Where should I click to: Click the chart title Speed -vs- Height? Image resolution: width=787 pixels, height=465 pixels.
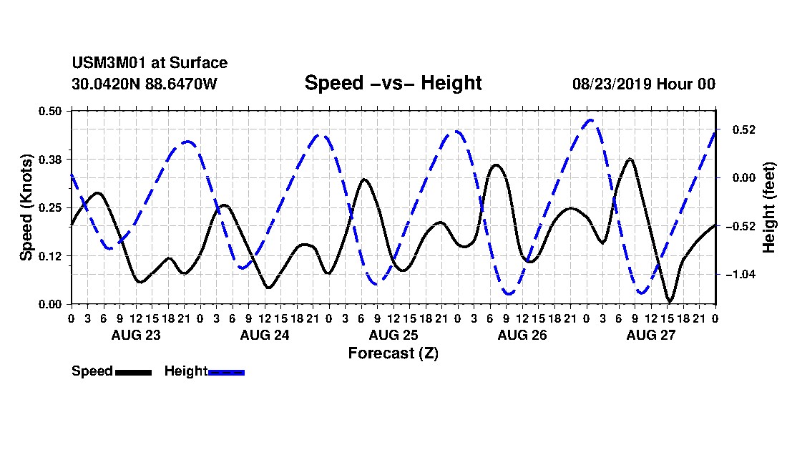click(x=393, y=83)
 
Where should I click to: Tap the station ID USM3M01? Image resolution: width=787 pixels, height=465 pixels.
click(x=109, y=63)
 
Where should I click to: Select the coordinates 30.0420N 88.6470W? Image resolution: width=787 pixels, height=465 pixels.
click(x=144, y=84)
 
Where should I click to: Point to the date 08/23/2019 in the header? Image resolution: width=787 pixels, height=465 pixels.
click(x=612, y=84)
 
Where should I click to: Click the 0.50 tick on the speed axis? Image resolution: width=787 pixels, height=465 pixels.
click(x=50, y=111)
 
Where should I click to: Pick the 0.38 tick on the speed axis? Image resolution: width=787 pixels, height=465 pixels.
click(x=50, y=160)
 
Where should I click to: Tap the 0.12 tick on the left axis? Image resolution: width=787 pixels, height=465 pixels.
click(x=50, y=256)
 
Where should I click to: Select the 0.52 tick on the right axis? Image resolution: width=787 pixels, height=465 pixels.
click(x=744, y=130)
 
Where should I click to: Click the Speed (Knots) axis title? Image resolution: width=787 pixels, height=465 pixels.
click(x=26, y=207)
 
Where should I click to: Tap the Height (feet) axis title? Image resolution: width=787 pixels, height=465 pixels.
click(x=769, y=207)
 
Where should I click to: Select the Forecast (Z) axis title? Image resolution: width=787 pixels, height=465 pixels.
click(x=393, y=353)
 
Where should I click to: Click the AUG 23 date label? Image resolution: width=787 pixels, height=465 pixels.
click(x=136, y=335)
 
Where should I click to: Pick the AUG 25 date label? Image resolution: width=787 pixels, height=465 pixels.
click(x=393, y=335)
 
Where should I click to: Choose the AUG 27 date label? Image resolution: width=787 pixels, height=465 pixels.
click(x=651, y=335)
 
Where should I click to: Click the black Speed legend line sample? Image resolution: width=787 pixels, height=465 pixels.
click(x=134, y=373)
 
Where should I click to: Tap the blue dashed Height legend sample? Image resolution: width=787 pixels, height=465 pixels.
click(x=226, y=373)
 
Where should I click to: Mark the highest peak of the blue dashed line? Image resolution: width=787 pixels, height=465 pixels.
click(x=590, y=120)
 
